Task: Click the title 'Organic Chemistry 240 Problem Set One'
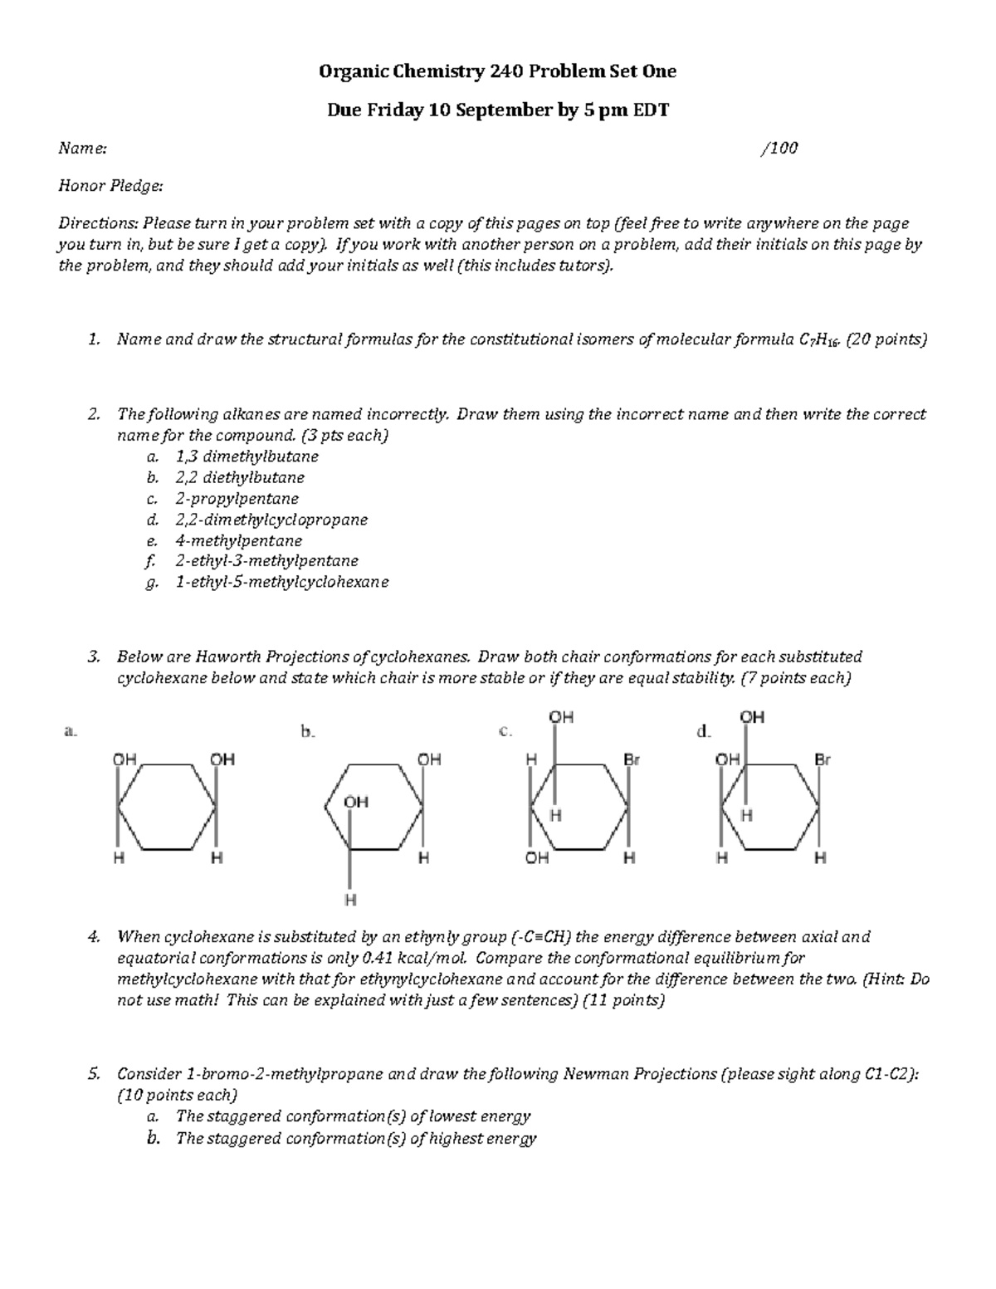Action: pyautogui.click(x=498, y=72)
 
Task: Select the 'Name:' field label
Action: pyautogui.click(x=81, y=149)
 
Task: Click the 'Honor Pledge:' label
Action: pyautogui.click(x=110, y=186)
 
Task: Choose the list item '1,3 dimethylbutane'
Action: pyautogui.click(x=247, y=457)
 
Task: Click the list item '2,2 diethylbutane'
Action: pyautogui.click(x=240, y=477)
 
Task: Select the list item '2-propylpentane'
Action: pyautogui.click(x=237, y=499)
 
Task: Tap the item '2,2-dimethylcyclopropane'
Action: pyautogui.click(x=271, y=520)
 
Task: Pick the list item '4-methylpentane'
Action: pyautogui.click(x=238, y=540)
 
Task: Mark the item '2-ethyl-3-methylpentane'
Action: pyautogui.click(x=266, y=561)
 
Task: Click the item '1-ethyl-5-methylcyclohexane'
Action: pyautogui.click(x=281, y=582)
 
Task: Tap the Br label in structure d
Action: pyautogui.click(x=822, y=759)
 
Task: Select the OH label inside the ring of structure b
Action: pyautogui.click(x=355, y=802)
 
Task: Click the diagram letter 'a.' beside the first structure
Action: pyautogui.click(x=70, y=731)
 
